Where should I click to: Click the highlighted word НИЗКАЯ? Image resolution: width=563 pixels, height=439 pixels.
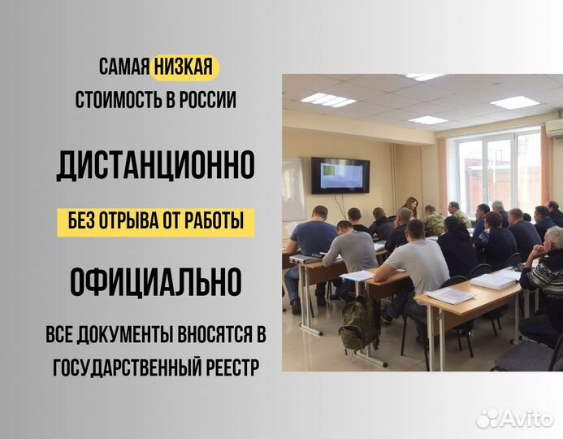pos(184,67)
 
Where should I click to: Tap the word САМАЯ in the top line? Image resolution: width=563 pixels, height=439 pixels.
pos(123,67)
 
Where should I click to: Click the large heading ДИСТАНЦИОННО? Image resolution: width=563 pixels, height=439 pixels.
pos(155,165)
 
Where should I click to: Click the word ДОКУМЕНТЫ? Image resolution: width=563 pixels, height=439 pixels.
pos(139,336)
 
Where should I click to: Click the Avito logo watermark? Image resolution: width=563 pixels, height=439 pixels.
pos(513,418)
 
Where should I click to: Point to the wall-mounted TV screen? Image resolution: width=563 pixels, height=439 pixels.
pos(340,175)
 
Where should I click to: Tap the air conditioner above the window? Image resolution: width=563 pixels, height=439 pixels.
pos(554,128)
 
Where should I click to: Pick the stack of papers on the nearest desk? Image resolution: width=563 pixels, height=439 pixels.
pos(449,296)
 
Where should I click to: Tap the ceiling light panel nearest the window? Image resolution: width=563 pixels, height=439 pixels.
pos(513,102)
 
